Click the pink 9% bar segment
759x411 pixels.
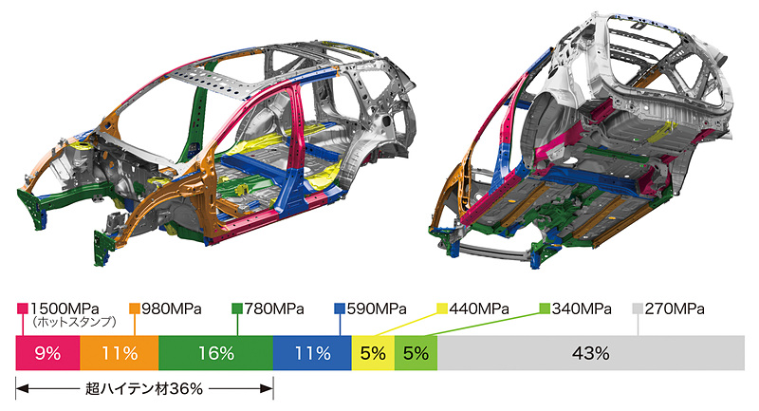[47, 353]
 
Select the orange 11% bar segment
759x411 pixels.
[120, 353]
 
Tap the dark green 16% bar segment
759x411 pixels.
[216, 353]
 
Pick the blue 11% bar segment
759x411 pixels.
[312, 353]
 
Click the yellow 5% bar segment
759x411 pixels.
[373, 353]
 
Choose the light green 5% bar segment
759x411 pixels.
[417, 353]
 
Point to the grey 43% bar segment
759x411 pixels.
[591, 353]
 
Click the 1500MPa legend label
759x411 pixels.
[65, 308]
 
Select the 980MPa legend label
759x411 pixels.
[172, 308]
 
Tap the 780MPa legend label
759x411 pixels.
[274, 308]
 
